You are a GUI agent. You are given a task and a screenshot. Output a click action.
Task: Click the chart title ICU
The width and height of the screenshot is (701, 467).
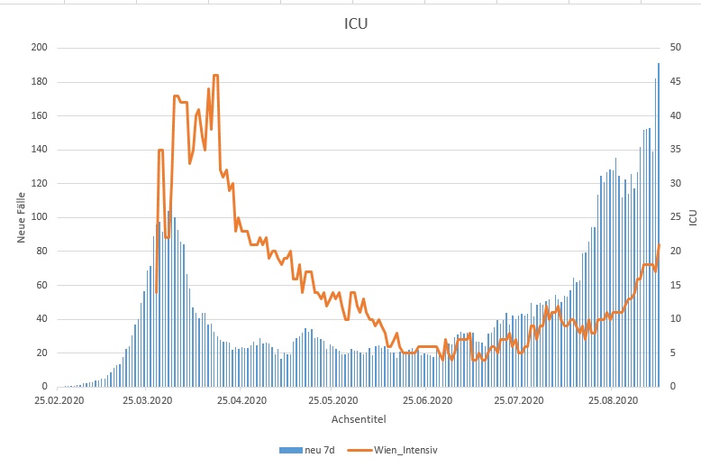coord(355,24)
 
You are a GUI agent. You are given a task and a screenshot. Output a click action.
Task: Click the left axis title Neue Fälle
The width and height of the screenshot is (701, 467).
coord(20,216)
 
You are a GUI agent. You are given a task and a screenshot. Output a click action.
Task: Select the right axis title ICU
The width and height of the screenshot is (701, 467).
coord(692,217)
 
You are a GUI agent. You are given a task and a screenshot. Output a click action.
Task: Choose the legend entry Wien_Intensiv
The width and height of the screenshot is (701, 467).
coord(405,449)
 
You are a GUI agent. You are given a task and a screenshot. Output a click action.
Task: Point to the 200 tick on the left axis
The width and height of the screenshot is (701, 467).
coord(40,48)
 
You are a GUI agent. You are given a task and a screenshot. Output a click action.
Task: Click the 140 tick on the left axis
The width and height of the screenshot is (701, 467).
coord(40,150)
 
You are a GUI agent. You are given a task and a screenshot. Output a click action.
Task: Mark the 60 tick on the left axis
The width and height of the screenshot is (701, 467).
coord(42,285)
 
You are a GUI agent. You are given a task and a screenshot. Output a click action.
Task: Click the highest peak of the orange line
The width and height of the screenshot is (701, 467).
coord(215,76)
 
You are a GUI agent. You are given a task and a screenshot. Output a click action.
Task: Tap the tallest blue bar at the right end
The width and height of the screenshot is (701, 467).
coord(659,65)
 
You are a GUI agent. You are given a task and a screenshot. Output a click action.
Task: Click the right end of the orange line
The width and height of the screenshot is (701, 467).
coord(660,245)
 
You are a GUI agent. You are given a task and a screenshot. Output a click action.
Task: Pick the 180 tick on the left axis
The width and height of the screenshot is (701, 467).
coord(40,82)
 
